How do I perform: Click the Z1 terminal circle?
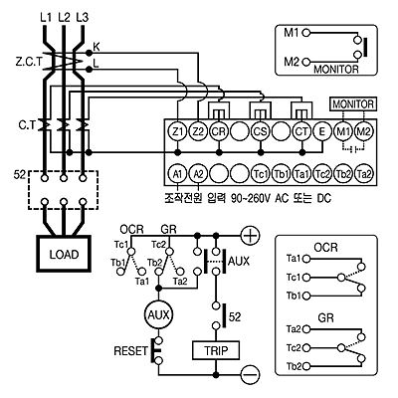coord(178,132)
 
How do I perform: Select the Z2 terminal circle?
coord(198,132)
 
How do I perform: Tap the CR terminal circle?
coord(219,132)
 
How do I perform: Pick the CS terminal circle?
coord(261,132)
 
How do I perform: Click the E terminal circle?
coord(322,132)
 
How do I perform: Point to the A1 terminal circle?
coord(178,173)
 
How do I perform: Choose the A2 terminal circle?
coord(198,173)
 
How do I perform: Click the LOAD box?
coord(64,254)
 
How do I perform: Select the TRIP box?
coord(216,350)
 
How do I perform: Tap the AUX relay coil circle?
coord(159,314)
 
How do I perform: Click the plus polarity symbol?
coord(250,235)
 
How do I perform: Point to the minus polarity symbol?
coord(250,375)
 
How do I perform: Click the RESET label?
coord(130,351)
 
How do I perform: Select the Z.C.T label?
coord(29,62)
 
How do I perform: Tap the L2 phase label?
coord(64,17)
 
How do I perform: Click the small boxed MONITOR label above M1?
coord(353,104)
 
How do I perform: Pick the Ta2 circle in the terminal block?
coord(364,173)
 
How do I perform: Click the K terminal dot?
coord(89,53)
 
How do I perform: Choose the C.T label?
coord(27,126)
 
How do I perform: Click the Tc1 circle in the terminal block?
coord(261,173)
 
